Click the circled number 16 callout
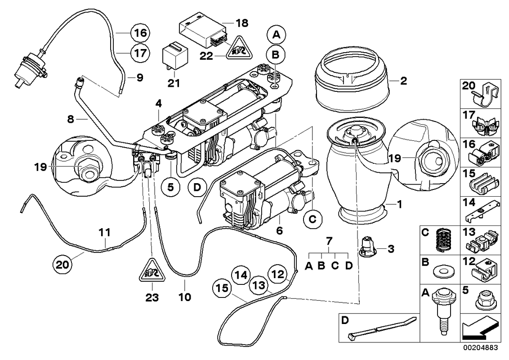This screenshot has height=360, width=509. pyautogui.click(x=141, y=33)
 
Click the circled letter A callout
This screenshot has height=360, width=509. pyautogui.click(x=277, y=35)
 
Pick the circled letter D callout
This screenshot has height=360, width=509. pyautogui.click(x=197, y=188)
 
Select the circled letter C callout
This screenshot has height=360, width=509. pyautogui.click(x=313, y=220)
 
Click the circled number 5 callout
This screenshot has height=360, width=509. pyautogui.click(x=171, y=188)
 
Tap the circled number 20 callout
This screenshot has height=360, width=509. pyautogui.click(x=63, y=265)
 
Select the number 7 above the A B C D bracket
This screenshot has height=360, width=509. pyautogui.click(x=329, y=241)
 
